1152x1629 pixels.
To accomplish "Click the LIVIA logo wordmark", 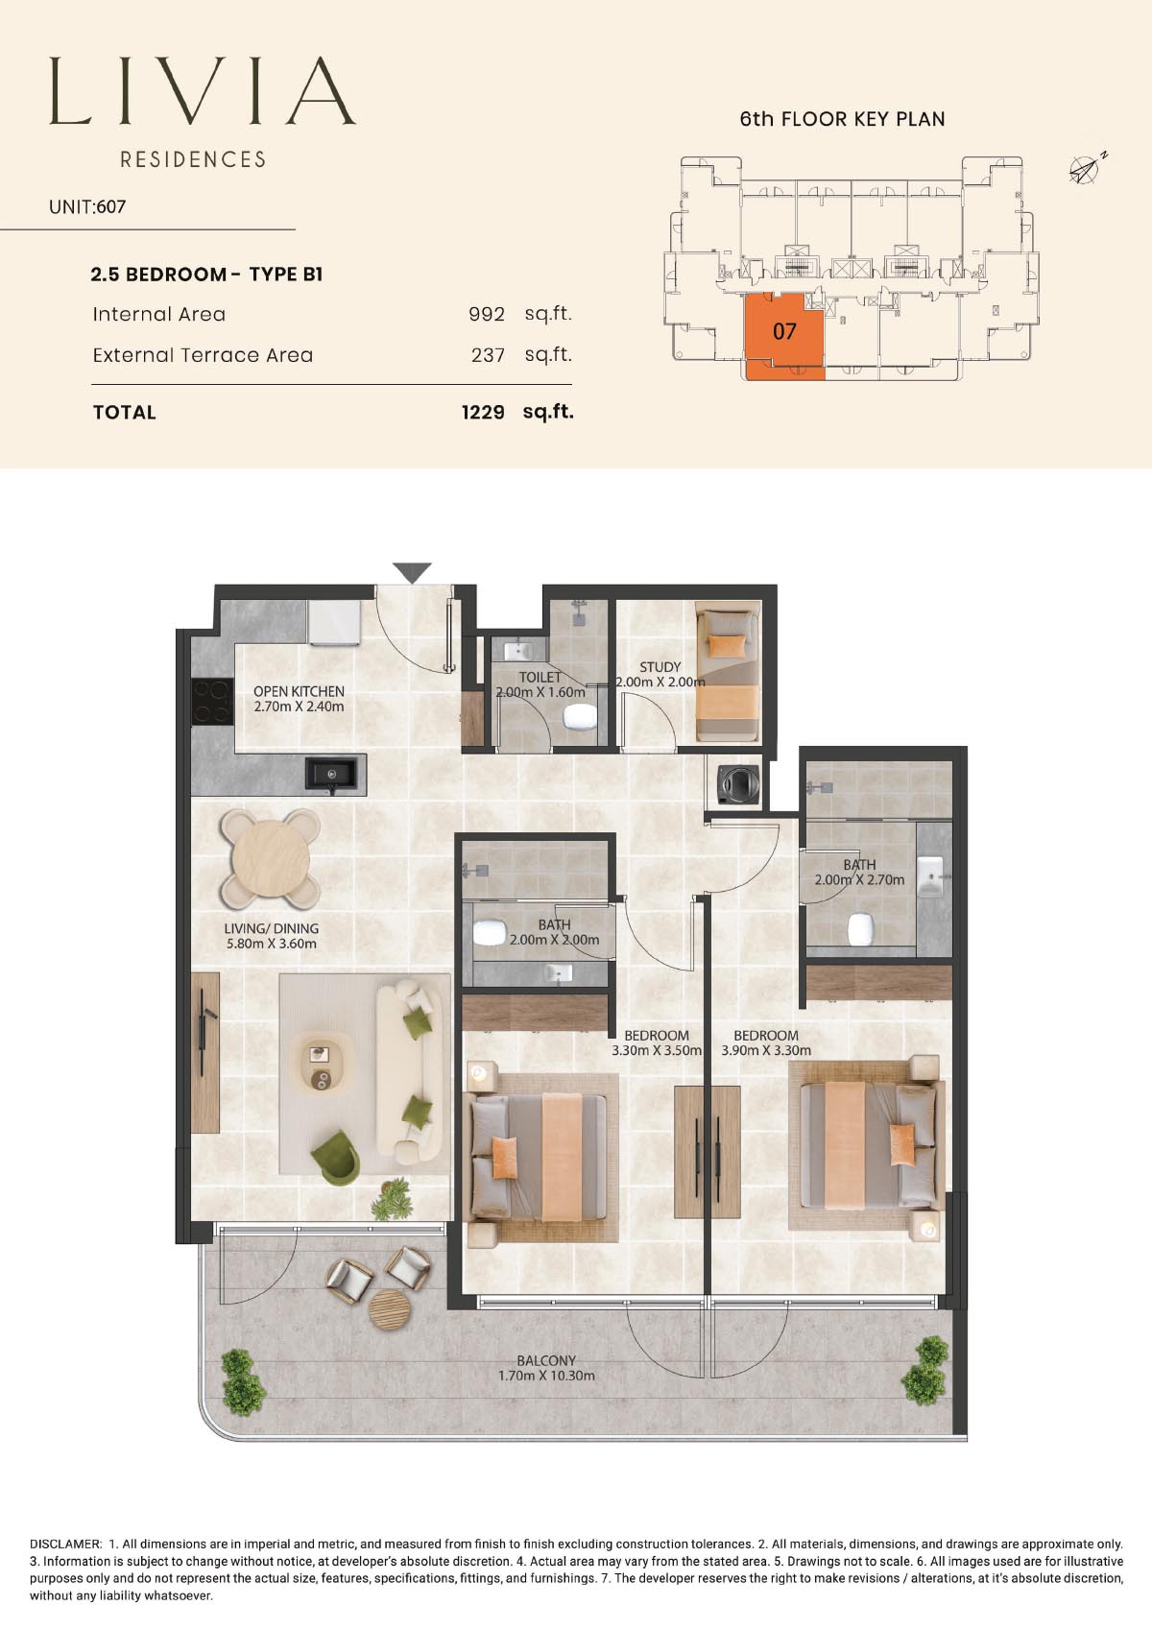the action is tap(203, 91).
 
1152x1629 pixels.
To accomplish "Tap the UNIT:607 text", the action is tap(87, 207).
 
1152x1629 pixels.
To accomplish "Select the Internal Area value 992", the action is tap(487, 314).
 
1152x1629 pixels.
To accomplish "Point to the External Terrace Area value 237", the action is tap(488, 355).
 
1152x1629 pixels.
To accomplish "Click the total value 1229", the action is tap(483, 413).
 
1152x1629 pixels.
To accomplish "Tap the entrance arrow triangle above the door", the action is tap(412, 572).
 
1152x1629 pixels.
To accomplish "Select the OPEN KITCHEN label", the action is tap(299, 691).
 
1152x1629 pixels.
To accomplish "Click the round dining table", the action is tap(271, 859).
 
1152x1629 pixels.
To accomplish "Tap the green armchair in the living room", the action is tap(337, 1157).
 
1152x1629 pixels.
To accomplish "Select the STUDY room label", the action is tap(660, 667).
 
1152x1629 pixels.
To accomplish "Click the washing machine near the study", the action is tap(738, 784).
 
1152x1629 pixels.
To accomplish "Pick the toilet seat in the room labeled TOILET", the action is tap(580, 718).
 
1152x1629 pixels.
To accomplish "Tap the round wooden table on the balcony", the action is tap(390, 1309).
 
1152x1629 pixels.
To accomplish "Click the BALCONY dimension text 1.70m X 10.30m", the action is tap(546, 1376).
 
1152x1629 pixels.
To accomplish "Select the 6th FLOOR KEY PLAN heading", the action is tap(842, 119).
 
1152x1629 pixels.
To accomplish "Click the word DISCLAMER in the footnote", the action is tap(65, 1544).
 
